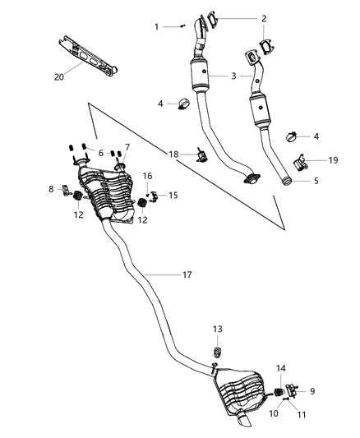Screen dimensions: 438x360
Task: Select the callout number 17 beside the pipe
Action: tap(187, 274)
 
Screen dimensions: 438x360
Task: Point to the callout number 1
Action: tap(156, 27)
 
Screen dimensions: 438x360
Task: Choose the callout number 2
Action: tap(264, 18)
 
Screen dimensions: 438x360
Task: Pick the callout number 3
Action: tap(234, 76)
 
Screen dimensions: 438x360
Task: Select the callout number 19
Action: tap(333, 160)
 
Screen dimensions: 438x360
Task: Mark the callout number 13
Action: tap(217, 329)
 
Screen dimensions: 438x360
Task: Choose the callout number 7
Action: tap(127, 147)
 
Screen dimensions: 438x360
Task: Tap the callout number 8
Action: tap(52, 190)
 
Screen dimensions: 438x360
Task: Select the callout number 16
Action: tap(148, 176)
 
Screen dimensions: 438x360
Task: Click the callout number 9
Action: tap(312, 390)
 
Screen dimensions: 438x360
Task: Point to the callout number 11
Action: tap(302, 416)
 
